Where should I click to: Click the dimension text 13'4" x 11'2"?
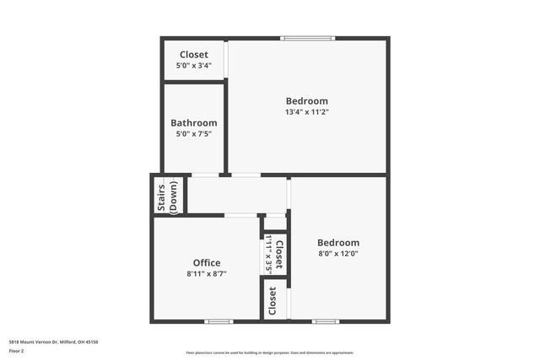point(307,111)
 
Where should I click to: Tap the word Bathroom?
point(194,122)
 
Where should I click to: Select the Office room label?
point(207,263)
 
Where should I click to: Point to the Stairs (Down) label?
point(168,196)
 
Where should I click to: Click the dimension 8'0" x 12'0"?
point(338,253)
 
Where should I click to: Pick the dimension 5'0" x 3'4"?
point(194,65)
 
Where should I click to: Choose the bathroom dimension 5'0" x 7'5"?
point(194,133)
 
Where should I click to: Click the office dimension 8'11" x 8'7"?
point(207,273)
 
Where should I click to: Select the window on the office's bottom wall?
point(219,320)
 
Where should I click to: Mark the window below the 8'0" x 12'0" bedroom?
point(325,320)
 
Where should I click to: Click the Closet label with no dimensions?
point(273,301)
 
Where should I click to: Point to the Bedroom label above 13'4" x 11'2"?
point(307,101)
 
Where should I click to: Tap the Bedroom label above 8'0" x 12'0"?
point(338,243)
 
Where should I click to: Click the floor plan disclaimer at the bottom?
point(270,352)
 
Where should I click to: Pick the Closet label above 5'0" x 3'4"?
point(194,55)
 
